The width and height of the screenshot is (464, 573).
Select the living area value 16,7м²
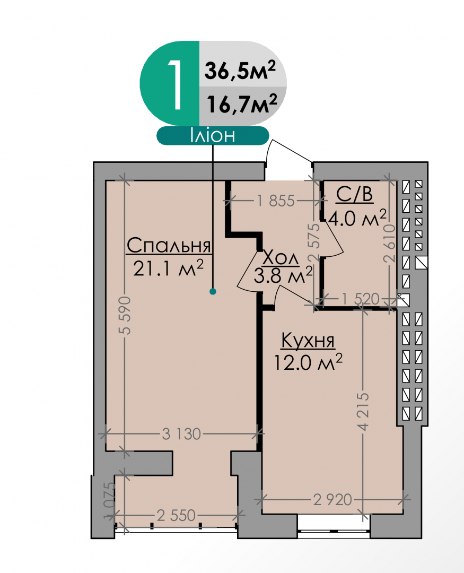242,103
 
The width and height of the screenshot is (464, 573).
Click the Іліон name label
213,136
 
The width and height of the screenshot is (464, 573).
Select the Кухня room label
308,341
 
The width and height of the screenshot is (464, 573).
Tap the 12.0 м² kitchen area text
308,362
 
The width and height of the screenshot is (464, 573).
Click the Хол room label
281,258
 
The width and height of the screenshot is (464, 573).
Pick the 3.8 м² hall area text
283,275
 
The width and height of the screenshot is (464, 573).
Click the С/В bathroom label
354,194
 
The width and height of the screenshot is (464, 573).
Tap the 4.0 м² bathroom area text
357,218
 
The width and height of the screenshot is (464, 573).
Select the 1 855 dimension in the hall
275,201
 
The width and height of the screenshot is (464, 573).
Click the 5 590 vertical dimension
125,315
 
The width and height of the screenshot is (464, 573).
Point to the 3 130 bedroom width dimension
181,434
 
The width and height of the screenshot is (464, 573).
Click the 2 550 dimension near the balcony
176,516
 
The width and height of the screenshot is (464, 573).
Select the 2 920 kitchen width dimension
332,499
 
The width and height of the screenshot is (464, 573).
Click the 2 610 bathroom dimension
390,243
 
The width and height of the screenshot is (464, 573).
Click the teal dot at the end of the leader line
213,291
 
